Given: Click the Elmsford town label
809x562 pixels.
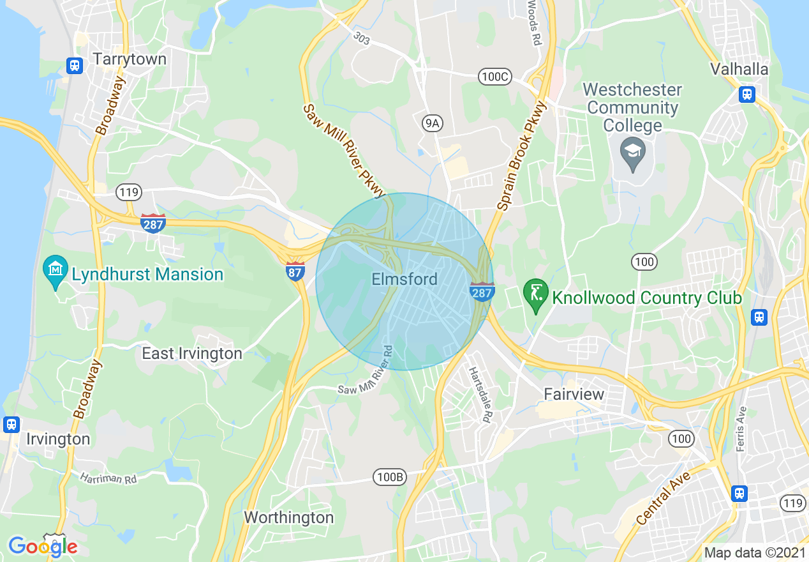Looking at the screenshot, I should click(404, 279).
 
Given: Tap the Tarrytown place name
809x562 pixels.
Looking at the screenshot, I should click(130, 59).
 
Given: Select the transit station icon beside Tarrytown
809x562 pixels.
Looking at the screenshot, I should click(75, 65).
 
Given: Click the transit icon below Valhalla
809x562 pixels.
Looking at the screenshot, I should click(746, 95).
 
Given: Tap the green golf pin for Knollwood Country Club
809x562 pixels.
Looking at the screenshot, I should click(535, 294).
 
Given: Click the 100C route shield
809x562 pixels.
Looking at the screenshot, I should click(495, 77).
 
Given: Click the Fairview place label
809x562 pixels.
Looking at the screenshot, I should click(574, 394).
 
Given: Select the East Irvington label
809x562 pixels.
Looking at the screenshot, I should click(191, 353).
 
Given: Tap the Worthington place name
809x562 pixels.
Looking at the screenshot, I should click(288, 517).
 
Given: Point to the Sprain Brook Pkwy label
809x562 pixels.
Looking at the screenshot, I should click(523, 156).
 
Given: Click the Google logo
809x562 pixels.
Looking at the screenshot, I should click(43, 547).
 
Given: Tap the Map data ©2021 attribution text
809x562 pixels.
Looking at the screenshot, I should click(753, 552).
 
